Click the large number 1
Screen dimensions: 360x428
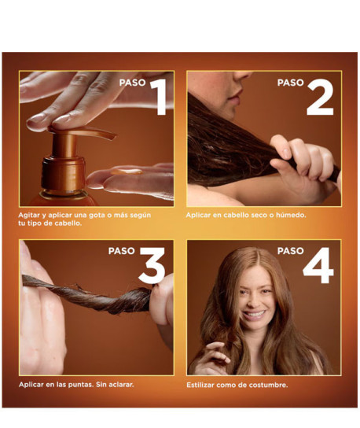click(x=160, y=97)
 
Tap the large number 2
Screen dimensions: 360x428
click(x=320, y=98)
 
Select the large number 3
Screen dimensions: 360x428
click(x=152, y=266)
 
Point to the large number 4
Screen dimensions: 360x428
click(x=318, y=266)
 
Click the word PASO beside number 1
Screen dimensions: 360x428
click(x=133, y=83)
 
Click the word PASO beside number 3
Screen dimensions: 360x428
click(x=121, y=251)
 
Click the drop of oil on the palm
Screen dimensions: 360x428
click(x=127, y=172)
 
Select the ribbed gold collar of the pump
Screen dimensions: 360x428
click(x=64, y=172)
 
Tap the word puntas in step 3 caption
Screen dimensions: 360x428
click(x=81, y=385)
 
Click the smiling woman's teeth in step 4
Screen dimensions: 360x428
click(x=255, y=314)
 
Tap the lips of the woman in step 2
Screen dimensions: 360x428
click(x=235, y=99)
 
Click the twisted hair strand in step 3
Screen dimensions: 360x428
click(x=87, y=296)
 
